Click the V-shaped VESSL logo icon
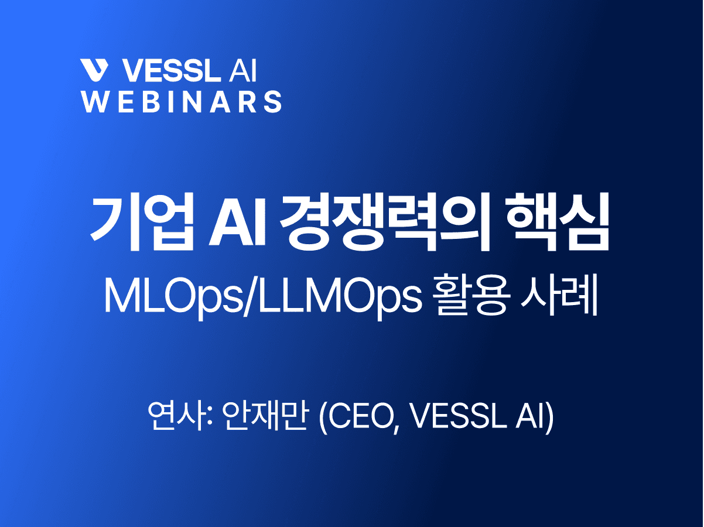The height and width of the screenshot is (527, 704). (95, 70)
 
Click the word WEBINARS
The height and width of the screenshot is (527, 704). (182, 101)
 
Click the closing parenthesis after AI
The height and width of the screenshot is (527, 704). (549, 417)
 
